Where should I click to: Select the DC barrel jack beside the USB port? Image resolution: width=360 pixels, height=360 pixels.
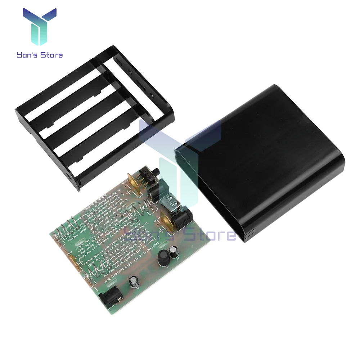click(181, 219)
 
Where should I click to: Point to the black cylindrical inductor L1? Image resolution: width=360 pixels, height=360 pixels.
click(164, 257)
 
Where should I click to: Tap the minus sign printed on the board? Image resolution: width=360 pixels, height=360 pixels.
click(96, 289)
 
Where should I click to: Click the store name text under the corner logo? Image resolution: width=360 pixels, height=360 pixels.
click(39, 55)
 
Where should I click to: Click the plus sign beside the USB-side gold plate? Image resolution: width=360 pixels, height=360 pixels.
click(161, 230)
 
